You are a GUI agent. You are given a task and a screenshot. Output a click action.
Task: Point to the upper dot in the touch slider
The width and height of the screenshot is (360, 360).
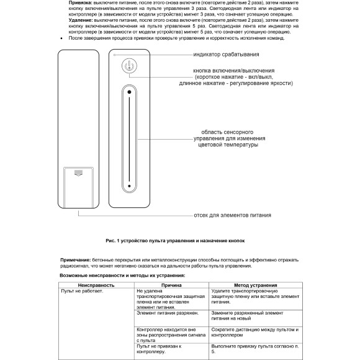(x=129, y=91)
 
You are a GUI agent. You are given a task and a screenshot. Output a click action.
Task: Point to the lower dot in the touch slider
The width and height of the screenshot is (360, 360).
(x=129, y=186)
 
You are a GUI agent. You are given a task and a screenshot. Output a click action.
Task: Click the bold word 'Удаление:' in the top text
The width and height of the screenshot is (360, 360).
(x=81, y=20)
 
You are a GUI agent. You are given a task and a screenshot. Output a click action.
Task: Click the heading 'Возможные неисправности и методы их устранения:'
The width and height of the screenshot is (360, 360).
(x=122, y=274)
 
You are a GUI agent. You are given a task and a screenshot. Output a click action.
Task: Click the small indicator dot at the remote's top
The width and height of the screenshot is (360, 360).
(x=115, y=55)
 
